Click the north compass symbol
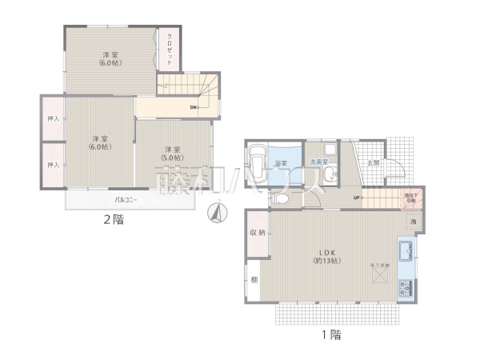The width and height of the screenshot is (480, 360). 216,213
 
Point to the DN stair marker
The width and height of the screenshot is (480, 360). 194,107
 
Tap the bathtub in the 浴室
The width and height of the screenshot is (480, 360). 258,165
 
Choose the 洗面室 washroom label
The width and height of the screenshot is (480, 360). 318,162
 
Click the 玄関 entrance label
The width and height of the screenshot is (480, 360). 373,162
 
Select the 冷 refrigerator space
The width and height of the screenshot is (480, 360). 413,222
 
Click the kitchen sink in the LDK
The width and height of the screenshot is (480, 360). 406,250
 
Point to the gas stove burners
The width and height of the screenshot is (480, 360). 406,286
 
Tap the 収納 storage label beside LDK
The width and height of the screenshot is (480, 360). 257,233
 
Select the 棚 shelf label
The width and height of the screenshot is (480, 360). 254,280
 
